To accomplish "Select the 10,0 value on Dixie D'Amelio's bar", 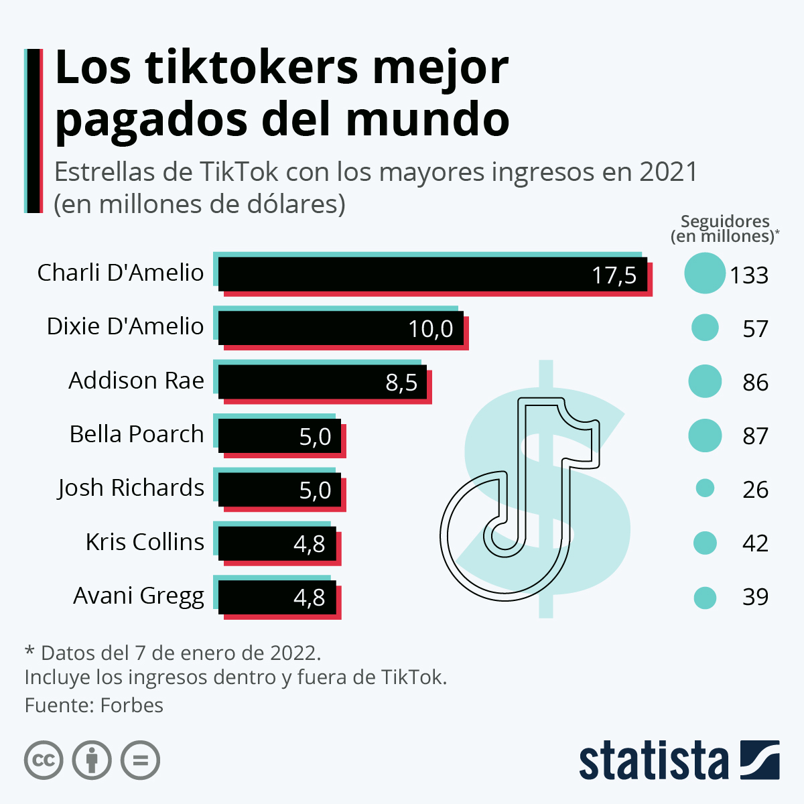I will tap(431, 329).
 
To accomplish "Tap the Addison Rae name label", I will tap(136, 381).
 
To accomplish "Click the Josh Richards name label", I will tap(131, 488).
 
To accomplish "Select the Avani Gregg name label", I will tap(138, 596).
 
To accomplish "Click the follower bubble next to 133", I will tap(705, 273).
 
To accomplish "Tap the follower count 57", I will tap(755, 329).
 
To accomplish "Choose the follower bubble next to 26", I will tap(705, 488).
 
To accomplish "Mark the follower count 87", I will tap(755, 436).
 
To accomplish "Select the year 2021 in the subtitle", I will tap(668, 172).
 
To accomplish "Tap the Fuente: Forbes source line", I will tap(94, 706).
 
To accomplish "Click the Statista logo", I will tap(678, 760).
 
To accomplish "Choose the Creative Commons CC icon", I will tap(44, 760).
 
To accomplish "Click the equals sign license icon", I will tap(140, 760).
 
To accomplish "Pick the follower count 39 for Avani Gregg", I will tap(755, 597).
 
